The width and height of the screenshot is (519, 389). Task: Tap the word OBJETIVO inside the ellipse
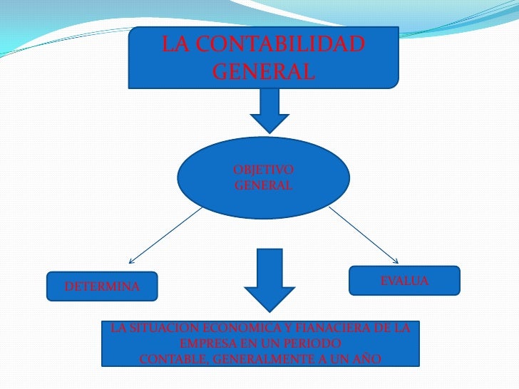[x=263, y=170]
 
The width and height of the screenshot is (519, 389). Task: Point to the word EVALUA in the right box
[x=404, y=281]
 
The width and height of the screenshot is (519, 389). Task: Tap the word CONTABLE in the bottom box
[x=172, y=358]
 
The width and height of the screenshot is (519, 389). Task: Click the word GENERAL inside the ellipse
[x=263, y=185]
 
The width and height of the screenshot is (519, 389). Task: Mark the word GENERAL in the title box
[x=263, y=71]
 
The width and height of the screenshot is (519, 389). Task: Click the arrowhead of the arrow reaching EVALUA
[x=394, y=260]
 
